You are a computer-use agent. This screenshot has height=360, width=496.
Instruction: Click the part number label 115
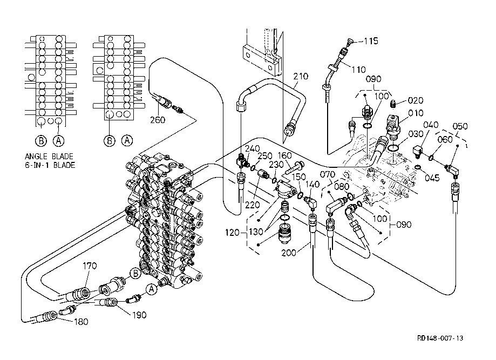[371, 41]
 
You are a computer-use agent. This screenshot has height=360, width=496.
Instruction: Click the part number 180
[65, 322]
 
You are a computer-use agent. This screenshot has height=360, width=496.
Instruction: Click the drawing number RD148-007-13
[439, 338]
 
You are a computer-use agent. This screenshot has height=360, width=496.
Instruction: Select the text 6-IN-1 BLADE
[50, 165]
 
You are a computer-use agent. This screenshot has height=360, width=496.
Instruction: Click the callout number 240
[253, 148]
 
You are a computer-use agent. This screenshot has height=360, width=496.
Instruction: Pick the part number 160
[285, 155]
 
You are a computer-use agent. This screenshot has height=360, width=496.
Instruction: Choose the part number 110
[358, 69]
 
